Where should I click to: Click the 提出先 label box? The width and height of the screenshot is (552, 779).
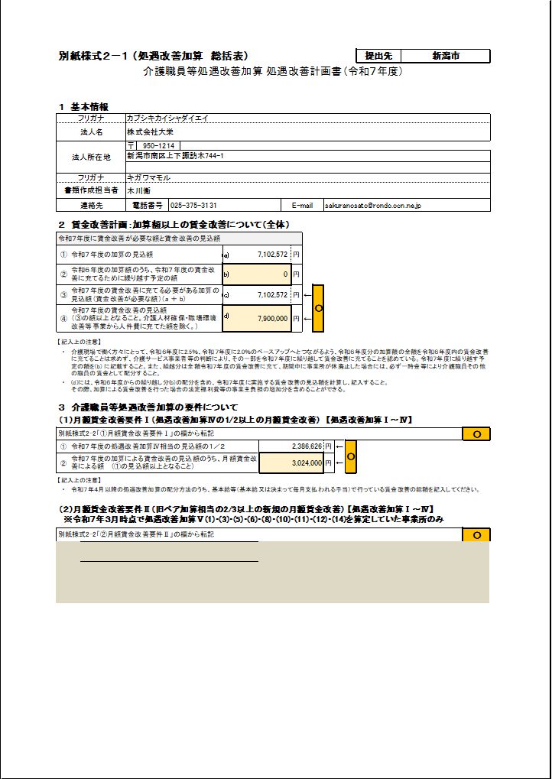(x=378, y=56)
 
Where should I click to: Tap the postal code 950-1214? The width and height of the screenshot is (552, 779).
(x=158, y=145)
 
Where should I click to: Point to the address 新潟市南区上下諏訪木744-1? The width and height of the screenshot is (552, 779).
(x=180, y=155)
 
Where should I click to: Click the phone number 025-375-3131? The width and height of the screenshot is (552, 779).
(x=193, y=205)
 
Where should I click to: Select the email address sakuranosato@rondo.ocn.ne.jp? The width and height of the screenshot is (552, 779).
(x=373, y=205)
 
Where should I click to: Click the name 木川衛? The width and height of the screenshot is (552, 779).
(x=138, y=191)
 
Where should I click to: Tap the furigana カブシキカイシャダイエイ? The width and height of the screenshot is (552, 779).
(x=167, y=118)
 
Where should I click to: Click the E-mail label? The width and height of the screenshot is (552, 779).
(x=302, y=205)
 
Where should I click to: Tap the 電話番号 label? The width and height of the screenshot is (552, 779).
(x=148, y=205)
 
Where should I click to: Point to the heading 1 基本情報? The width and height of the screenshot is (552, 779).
(x=83, y=106)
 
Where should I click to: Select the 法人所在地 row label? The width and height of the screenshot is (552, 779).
(x=91, y=157)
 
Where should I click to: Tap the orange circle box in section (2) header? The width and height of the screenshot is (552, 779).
(x=476, y=534)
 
